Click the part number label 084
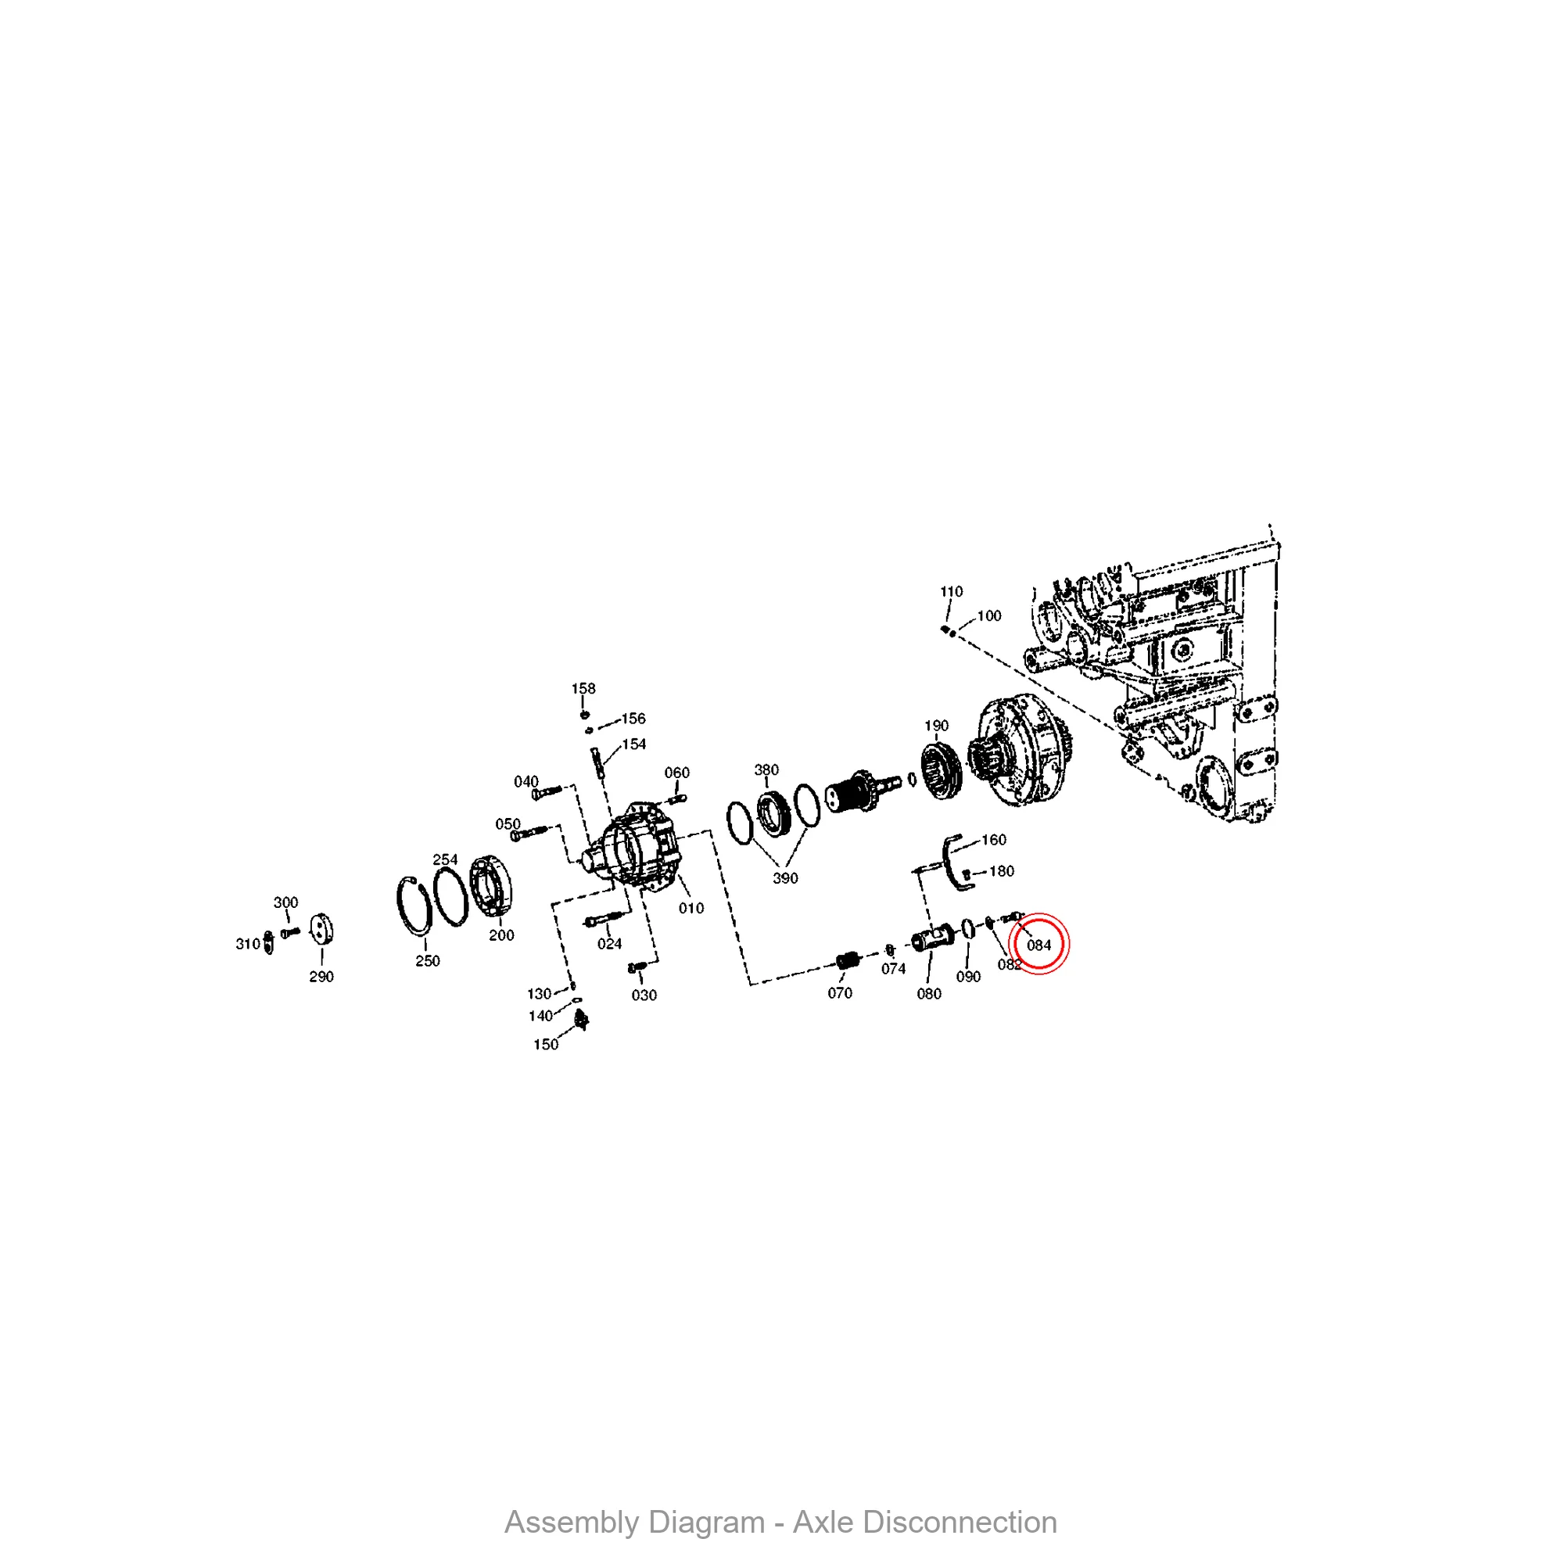[1038, 945]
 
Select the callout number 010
[691, 908]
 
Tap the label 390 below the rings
[785, 878]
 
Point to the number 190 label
[937, 726]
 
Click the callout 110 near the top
[951, 592]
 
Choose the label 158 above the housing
[583, 688]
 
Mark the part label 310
[248, 944]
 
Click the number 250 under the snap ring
[428, 961]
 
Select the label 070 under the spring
[839, 993]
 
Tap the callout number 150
[546, 1044]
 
